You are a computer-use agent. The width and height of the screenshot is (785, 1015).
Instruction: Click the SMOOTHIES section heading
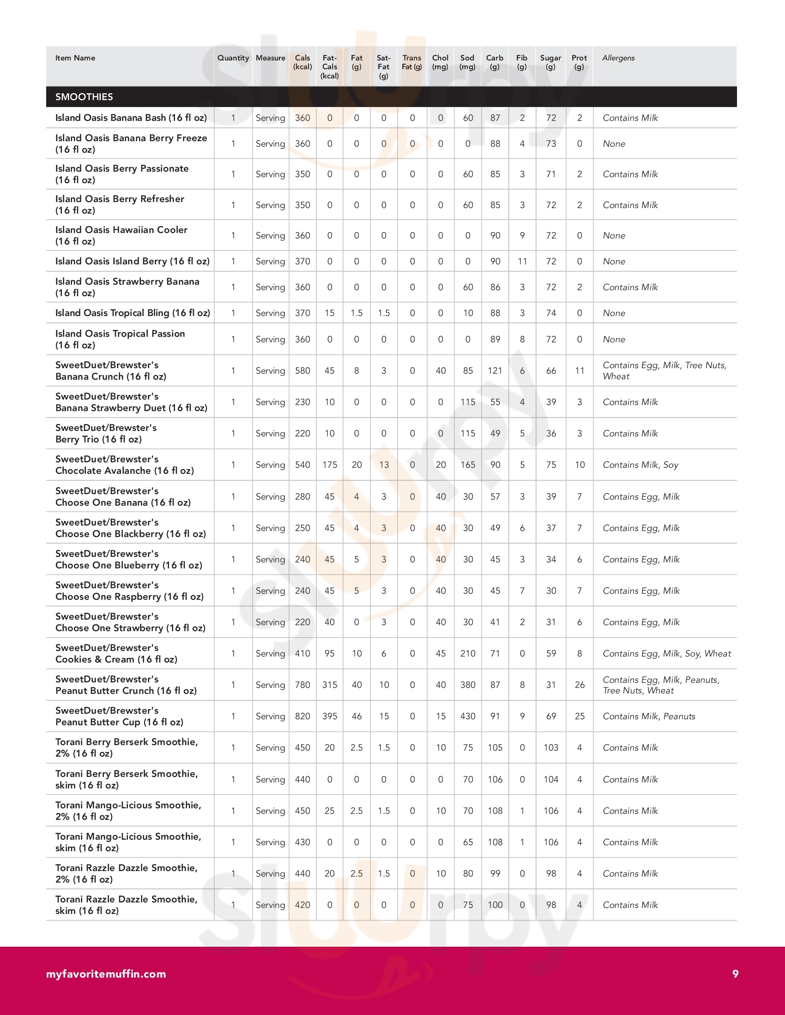(x=84, y=97)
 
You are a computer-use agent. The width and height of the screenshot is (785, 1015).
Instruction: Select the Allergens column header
(x=618, y=58)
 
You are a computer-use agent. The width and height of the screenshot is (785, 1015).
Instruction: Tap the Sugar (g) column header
(x=550, y=62)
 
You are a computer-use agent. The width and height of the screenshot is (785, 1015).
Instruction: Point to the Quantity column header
(x=233, y=58)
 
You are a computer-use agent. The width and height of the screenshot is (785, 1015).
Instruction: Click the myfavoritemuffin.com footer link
(x=106, y=973)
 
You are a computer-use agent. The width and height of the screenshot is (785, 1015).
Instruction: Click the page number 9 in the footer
(x=735, y=973)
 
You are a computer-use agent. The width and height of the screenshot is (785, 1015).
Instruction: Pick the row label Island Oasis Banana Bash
(x=131, y=118)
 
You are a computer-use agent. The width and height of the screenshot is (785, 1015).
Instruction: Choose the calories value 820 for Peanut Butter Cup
(x=302, y=716)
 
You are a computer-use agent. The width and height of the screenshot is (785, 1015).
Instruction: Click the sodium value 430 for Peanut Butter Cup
(x=467, y=716)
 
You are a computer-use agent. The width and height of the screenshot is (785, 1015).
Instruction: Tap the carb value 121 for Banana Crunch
(x=495, y=370)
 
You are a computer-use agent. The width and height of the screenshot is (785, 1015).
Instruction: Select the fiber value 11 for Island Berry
(x=522, y=261)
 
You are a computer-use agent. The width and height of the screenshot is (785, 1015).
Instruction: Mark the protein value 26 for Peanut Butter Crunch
(x=580, y=685)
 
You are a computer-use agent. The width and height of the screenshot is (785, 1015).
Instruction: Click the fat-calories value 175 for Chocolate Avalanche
(x=330, y=465)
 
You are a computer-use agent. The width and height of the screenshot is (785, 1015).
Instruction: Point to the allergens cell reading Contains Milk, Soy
(x=640, y=465)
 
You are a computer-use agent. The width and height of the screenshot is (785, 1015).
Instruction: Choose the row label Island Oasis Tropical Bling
(x=133, y=313)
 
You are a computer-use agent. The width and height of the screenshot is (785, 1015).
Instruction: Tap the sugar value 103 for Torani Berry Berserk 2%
(x=550, y=747)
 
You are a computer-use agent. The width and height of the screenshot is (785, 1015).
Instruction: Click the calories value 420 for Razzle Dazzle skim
(x=302, y=905)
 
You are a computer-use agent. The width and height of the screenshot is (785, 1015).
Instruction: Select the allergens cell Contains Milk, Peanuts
(x=649, y=716)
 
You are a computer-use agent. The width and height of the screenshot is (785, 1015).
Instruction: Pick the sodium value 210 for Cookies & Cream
(x=467, y=653)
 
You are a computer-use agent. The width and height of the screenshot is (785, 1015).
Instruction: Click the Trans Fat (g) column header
(x=411, y=62)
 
